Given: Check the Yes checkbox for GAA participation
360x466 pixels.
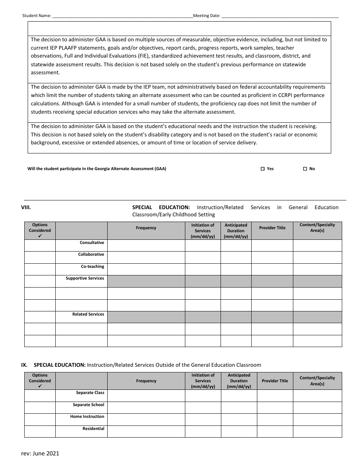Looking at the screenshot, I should tap(263, 169).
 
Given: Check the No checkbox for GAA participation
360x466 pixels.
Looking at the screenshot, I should tap(305, 169).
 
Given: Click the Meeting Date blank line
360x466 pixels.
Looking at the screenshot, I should tap(280, 16).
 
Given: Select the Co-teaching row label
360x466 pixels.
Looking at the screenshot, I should tap(92, 266).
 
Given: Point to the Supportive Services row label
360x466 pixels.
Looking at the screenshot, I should tap(85, 278).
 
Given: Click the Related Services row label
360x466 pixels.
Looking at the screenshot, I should tap(88, 314).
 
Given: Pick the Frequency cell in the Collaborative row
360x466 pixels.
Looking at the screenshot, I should tap(146, 257).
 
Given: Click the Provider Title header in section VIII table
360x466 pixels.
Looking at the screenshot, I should tap(272, 228).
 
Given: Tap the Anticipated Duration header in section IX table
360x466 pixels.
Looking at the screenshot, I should tap(239, 381).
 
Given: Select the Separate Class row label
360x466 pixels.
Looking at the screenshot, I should tap(90, 393).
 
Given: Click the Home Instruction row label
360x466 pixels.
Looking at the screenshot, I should tap(87, 416).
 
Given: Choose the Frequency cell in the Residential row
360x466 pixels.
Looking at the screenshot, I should tap(146, 432).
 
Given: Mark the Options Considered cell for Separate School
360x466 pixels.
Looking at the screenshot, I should tap(40, 407).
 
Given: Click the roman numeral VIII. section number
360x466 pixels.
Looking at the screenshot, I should tap(26, 207).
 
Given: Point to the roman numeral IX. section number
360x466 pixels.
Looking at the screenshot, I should tap(24, 365).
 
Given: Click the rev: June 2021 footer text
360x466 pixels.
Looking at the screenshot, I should tap(40, 453).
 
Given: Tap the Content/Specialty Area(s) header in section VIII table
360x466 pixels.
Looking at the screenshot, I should tap(317, 228).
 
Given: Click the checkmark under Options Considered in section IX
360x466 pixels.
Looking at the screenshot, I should tap(40, 386).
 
